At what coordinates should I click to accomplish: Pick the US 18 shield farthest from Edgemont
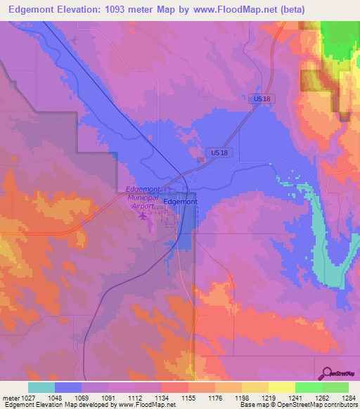pos(262,99)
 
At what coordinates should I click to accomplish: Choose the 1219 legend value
pos(267,398)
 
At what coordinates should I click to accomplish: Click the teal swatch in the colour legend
pos(41,387)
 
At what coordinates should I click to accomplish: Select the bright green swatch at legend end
pos(335,387)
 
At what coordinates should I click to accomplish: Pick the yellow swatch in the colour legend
pos(281,387)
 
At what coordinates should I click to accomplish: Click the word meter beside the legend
pos(8,398)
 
